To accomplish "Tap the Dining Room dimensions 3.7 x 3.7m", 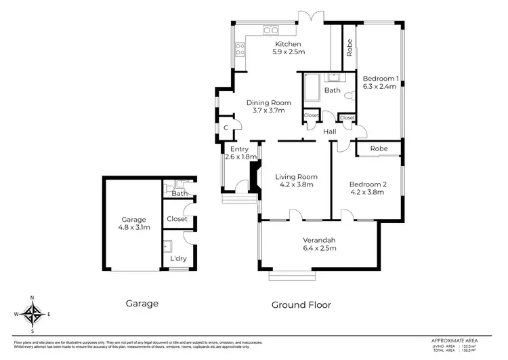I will coord(268,110).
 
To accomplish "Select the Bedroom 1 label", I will coord(379,77).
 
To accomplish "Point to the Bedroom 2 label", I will coord(366,184).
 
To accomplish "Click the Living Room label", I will coord(296,177).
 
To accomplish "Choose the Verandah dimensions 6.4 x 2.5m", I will coord(320,247).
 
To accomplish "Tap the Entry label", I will coord(240,149).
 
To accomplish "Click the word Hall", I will coord(330,131).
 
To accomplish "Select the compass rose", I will coord(32,313).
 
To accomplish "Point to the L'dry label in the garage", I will coord(178,258).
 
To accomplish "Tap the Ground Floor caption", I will coord(301,304).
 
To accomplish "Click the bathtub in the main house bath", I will coord(312,89).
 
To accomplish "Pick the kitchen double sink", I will coord(271,30).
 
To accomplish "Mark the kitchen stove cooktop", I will coord(239,48).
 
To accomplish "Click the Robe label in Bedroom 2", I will coord(379,148).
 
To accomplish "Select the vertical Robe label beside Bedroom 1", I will coord(350,47).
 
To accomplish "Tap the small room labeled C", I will coord(226,127).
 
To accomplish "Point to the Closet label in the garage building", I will coord(177,219).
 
